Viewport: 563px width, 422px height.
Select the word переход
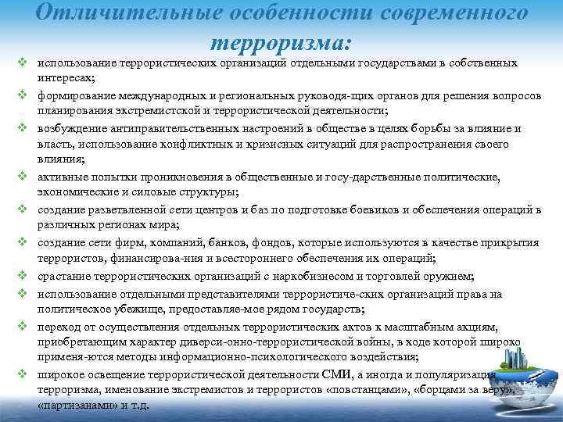tap(55, 325)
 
